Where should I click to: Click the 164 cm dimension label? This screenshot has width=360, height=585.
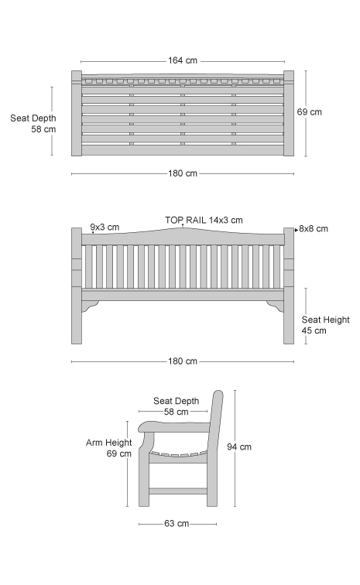click(182, 60)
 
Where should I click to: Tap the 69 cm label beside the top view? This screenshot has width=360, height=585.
click(309, 112)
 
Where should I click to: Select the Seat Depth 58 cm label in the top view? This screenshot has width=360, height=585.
click(33, 124)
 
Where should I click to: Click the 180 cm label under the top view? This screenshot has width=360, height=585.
click(182, 173)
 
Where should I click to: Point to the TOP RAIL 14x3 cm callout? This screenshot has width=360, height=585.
click(204, 220)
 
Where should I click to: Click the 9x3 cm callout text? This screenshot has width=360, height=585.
click(105, 227)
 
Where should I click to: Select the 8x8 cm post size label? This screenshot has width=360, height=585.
click(314, 229)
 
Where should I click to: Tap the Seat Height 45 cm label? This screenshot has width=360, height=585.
click(325, 325)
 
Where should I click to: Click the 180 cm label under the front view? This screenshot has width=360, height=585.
click(182, 361)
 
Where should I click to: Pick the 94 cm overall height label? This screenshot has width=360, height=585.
click(239, 446)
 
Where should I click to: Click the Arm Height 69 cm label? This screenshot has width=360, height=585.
click(108, 448)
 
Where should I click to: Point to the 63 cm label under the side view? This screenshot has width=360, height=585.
click(177, 523)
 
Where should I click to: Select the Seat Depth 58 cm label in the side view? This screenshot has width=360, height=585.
click(177, 406)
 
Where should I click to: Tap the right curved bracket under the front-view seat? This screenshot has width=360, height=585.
click(276, 306)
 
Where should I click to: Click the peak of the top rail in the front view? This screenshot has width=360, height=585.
click(183, 227)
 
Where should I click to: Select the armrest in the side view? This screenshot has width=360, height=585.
click(174, 427)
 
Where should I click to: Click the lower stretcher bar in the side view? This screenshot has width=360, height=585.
click(178, 491)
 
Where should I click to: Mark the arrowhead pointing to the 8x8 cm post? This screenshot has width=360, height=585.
click(297, 230)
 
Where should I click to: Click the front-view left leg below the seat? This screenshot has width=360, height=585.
click(77, 315)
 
